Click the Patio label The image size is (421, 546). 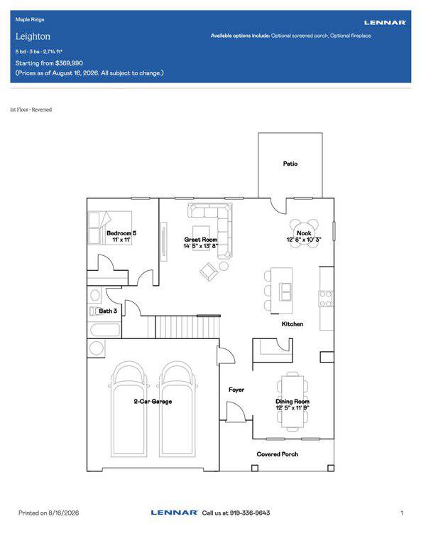point(290,164)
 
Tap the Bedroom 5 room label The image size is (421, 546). point(121,233)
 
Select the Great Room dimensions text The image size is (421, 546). point(201,246)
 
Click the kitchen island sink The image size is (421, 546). point(285,291)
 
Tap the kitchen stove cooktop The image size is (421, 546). point(326,299)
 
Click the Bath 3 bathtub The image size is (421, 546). point(105,330)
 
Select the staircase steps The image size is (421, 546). point(187,326)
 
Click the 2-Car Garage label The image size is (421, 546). point(153,401)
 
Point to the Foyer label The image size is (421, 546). point(236,390)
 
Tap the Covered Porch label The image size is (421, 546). point(277,454)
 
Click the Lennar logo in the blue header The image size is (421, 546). point(385,23)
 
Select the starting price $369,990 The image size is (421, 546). point(69,63)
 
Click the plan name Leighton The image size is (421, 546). point(33,36)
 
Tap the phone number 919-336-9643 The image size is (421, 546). point(250,513)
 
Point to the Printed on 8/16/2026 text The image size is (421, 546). point(49,513)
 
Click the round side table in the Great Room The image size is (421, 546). point(224,266)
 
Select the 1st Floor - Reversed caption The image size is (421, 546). point(31,109)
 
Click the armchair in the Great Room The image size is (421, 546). point(209,272)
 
